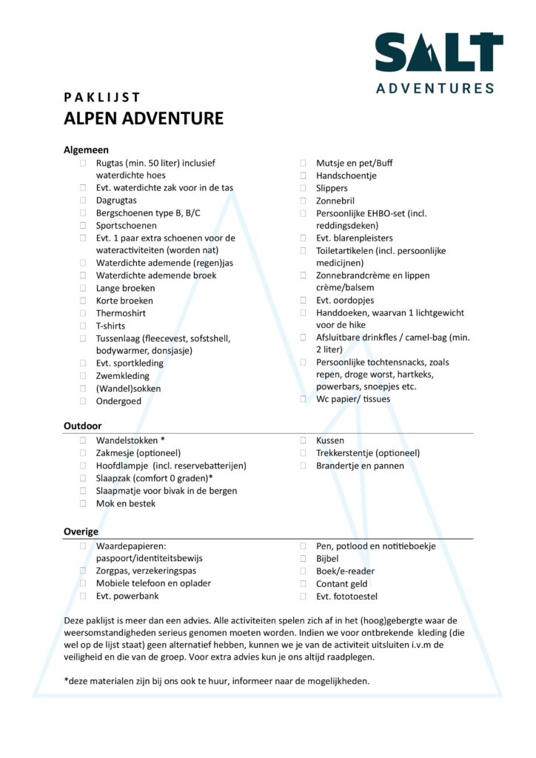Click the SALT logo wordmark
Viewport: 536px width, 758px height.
[439, 53]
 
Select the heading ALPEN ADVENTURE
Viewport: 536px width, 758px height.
[144, 119]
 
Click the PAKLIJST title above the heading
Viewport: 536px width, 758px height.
[102, 97]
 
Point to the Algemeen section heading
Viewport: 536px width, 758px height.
[87, 150]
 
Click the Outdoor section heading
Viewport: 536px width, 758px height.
[83, 426]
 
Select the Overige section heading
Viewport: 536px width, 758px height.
[81, 531]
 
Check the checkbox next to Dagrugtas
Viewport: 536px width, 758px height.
[83, 201]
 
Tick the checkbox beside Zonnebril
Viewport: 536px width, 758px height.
[304, 201]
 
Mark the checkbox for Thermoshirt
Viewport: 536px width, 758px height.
[83, 314]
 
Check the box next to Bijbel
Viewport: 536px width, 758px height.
[304, 559]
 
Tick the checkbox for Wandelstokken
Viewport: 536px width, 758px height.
[83, 440]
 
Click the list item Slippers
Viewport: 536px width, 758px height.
[332, 188]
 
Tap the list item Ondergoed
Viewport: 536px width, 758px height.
[118, 401]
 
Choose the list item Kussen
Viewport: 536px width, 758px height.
[329, 440]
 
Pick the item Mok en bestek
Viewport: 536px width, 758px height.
[125, 503]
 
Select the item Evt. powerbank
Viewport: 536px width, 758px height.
[127, 596]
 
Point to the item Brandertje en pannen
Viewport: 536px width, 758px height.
[360, 466]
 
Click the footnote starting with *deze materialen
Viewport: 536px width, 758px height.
[217, 681]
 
